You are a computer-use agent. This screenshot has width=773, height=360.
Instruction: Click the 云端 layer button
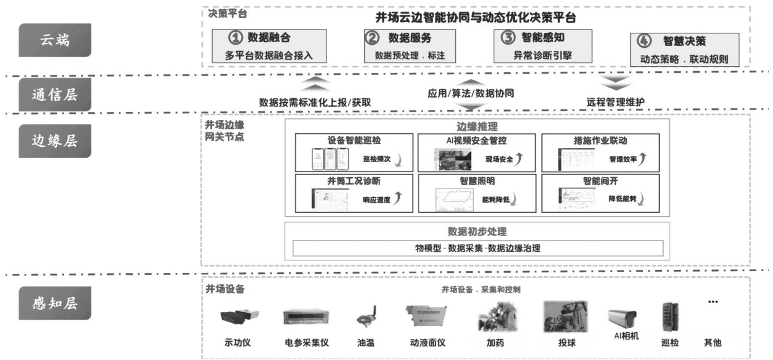pos(54,40)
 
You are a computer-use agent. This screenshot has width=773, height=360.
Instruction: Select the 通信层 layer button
pos(54,94)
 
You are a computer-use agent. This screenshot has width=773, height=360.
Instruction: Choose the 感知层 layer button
pos(54,303)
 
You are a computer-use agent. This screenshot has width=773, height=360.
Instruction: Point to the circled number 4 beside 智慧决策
pos(643,41)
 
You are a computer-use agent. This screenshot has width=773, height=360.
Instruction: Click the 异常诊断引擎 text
pos(543,55)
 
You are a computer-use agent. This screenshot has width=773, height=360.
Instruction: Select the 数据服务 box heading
pos(409,38)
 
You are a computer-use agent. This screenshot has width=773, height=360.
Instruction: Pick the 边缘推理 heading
pos(477,126)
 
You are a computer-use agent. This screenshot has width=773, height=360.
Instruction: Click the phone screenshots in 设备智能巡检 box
pos(330,159)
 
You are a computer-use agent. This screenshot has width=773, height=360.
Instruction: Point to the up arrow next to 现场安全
pos(518,159)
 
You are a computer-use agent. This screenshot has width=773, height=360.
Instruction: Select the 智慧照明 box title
pos(477,181)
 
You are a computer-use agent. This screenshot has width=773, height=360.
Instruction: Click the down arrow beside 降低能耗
pos(642,198)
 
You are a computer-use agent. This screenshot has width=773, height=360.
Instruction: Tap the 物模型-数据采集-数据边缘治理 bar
pos(477,248)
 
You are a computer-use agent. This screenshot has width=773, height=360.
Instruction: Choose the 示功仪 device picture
pos(237,317)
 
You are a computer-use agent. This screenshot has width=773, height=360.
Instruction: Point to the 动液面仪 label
pos(427,343)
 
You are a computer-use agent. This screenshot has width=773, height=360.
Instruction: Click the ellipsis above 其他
pos(712,302)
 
